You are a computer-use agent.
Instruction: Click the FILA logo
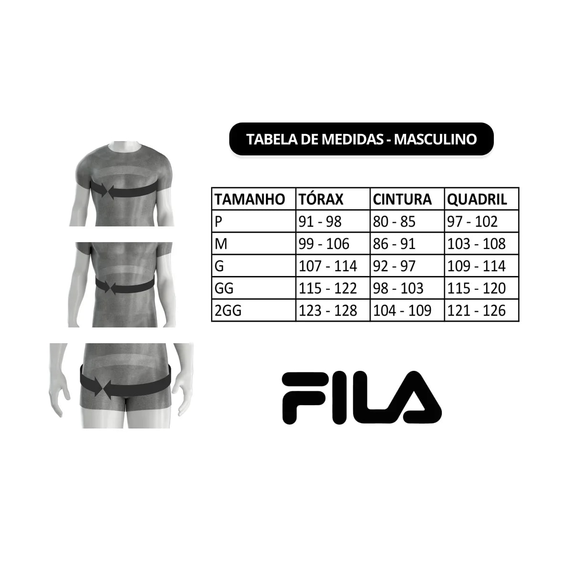coord(362,398)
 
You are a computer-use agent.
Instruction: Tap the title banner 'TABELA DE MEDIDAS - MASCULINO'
coord(361,139)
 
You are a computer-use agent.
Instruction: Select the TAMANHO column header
coord(250,199)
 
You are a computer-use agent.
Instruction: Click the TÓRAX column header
coord(321,199)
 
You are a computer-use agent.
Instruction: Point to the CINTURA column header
coord(402,199)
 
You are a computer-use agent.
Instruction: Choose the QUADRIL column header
coord(477,199)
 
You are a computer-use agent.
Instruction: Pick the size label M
coord(221,244)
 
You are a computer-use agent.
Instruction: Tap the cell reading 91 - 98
coord(320,222)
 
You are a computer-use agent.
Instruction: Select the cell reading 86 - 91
coord(394,244)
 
